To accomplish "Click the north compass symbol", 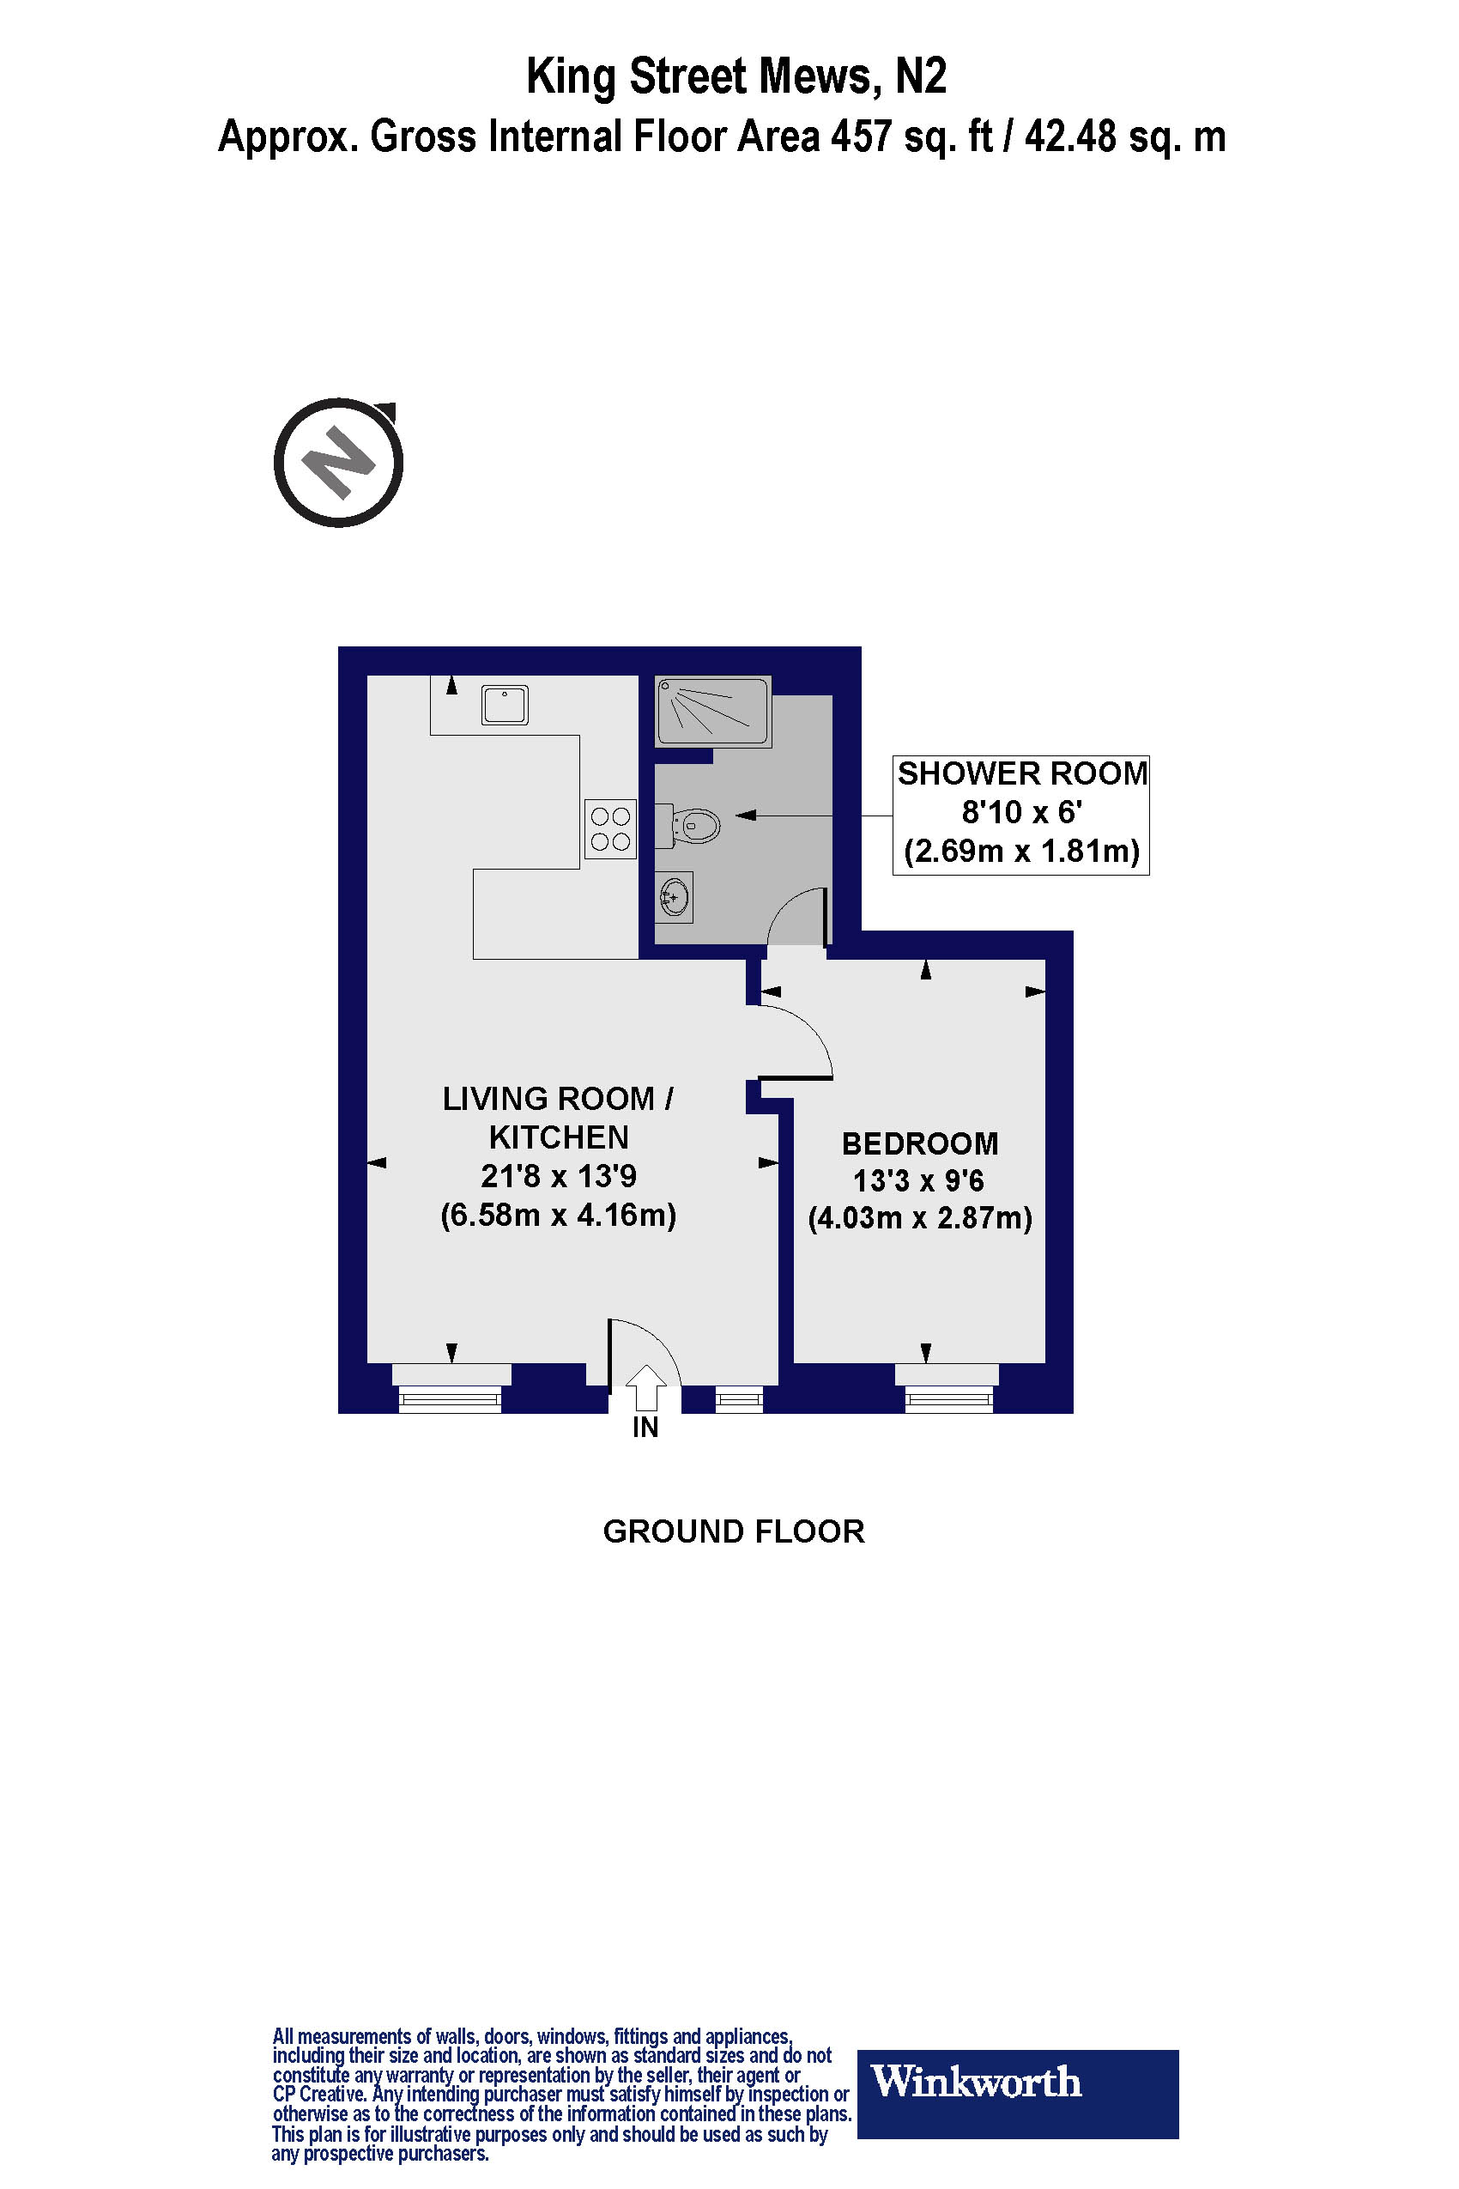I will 339,463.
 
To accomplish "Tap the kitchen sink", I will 505,706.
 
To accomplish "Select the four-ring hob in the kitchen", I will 610,828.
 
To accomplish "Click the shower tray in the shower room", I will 712,712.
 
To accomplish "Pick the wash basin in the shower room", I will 674,898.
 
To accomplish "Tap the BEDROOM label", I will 919,1143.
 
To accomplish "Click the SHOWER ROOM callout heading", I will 1020,773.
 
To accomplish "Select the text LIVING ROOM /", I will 557,1098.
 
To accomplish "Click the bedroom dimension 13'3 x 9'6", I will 919,1180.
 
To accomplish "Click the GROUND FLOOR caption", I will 733,1531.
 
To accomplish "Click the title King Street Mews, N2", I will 736,76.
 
